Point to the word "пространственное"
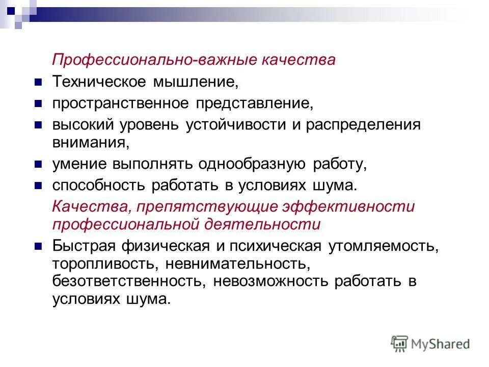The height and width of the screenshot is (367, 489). pyautogui.click(x=121, y=103)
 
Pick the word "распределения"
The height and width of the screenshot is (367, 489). pyautogui.click(x=363, y=125)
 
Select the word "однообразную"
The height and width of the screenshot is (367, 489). pyautogui.click(x=252, y=164)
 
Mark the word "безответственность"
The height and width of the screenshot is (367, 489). pyautogui.click(x=128, y=281)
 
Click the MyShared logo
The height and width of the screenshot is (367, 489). pyautogui.click(x=430, y=344)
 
